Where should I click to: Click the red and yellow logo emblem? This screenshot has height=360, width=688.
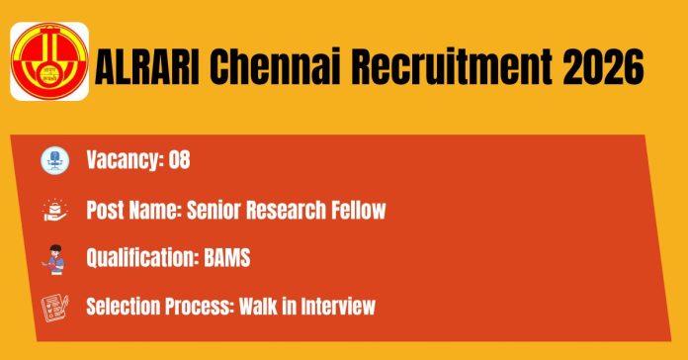click(49, 61)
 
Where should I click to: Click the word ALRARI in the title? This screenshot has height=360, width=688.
click(147, 66)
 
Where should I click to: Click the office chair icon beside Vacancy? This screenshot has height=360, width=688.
click(54, 160)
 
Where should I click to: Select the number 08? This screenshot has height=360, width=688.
click(180, 159)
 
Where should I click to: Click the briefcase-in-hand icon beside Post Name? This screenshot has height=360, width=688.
click(54, 210)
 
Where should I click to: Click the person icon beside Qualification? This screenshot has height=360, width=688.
click(54, 259)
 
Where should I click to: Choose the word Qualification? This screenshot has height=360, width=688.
click(142, 258)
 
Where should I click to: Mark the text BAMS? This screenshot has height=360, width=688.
click(227, 258)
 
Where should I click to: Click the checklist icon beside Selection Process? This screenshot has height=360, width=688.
click(54, 309)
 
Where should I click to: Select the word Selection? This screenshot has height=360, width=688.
click(121, 306)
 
